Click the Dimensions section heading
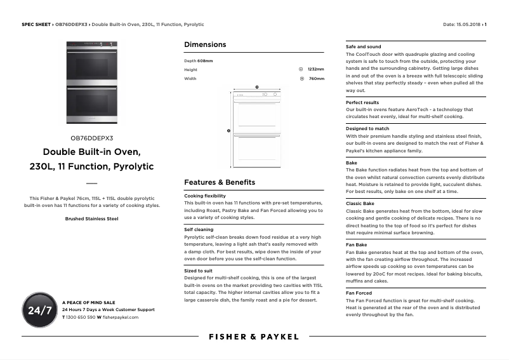click(205, 45)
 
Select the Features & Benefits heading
click(219, 182)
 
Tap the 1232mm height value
click(315, 69)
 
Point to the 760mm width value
click(316, 79)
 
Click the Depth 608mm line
click(199, 60)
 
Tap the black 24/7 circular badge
click(39, 310)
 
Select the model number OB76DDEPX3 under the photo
click(92, 138)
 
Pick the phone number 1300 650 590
click(81, 316)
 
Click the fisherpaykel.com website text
click(120, 316)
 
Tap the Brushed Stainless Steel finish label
click(92, 218)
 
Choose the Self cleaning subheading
click(199, 229)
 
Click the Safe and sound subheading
click(363, 46)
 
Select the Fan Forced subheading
click(359, 293)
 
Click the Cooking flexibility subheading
click(204, 196)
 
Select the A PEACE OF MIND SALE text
click(89, 302)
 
